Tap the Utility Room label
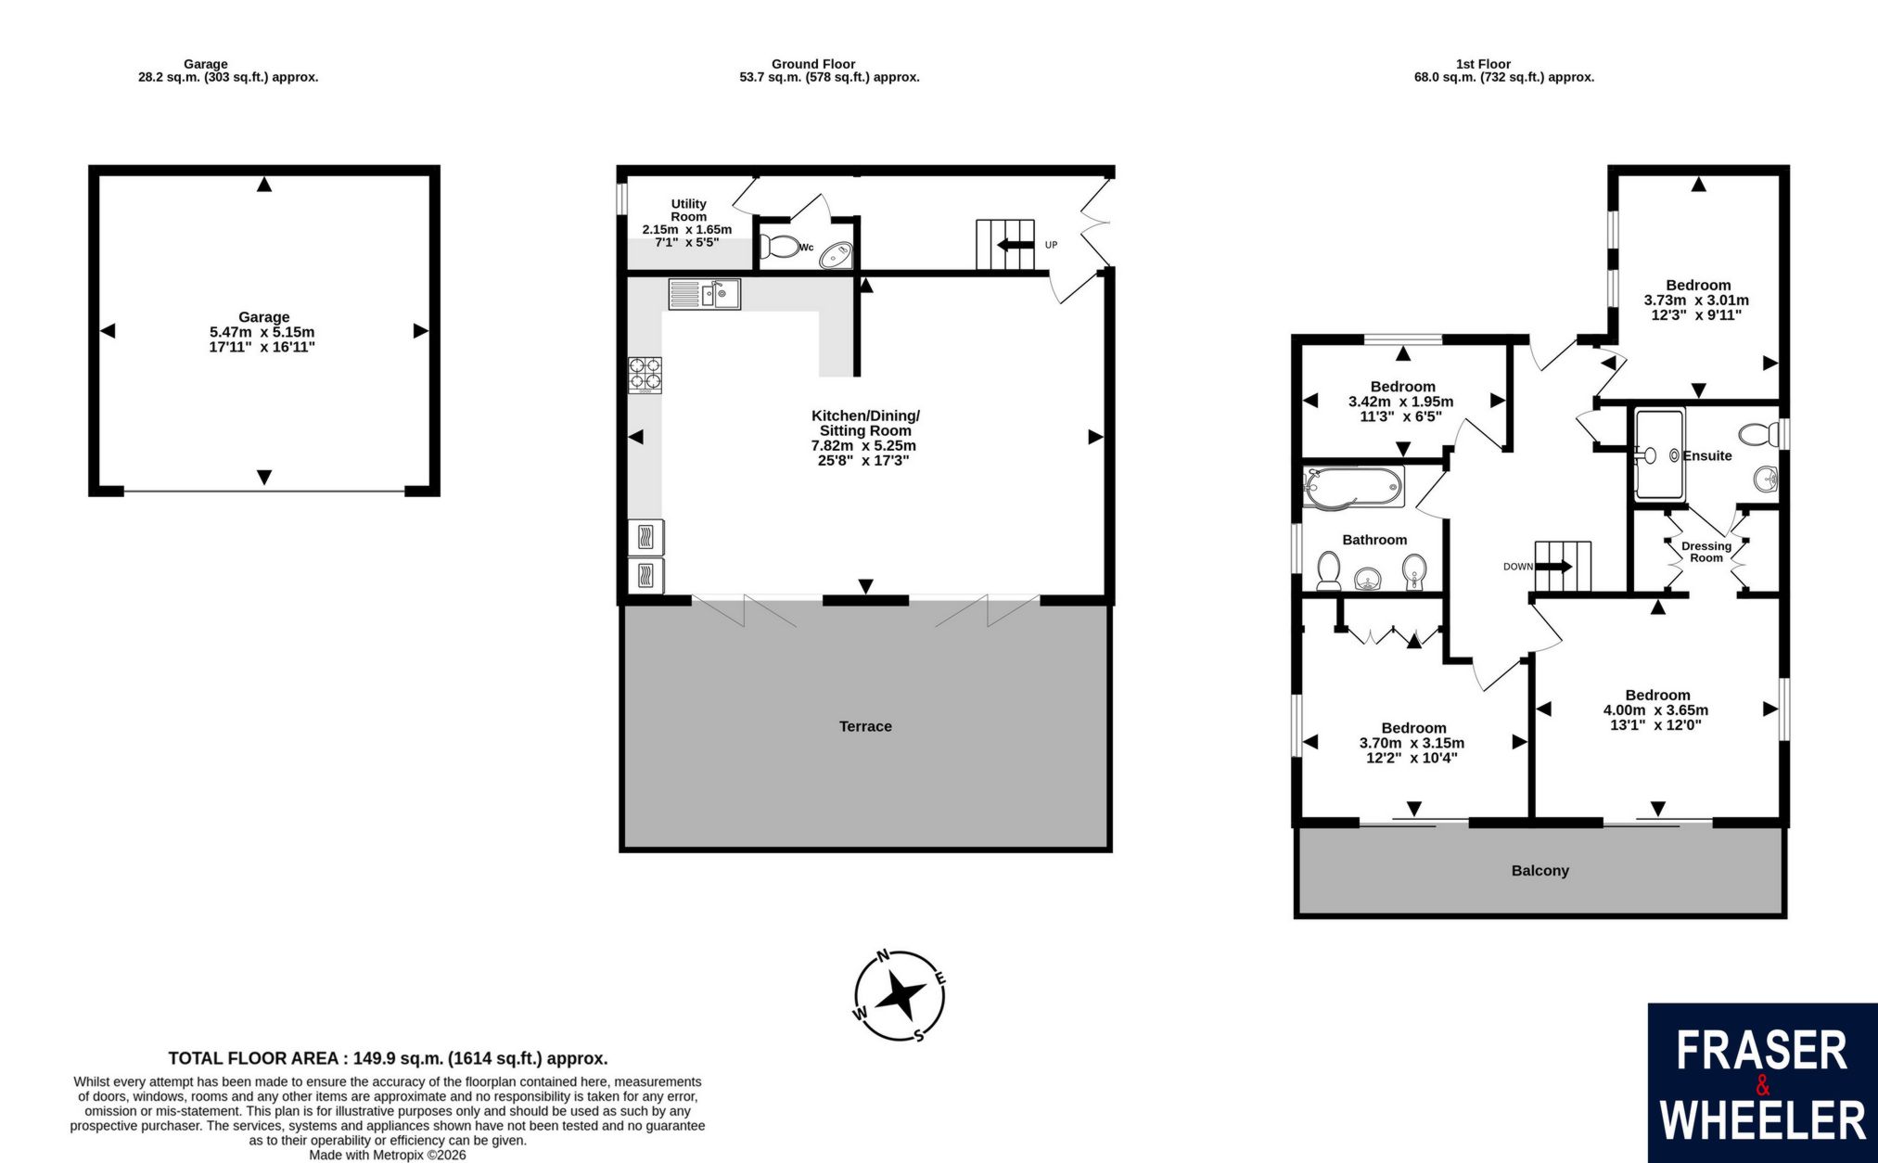click(688, 210)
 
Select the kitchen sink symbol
click(704, 294)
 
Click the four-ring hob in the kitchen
click(645, 375)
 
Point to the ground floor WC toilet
click(778, 247)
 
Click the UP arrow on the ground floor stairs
click(1016, 245)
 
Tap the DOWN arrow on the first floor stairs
click(1554, 567)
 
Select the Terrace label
click(865, 726)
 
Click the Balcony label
click(1540, 871)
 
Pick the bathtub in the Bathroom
click(1353, 487)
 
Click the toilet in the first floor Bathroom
click(1329, 570)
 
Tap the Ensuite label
click(1707, 455)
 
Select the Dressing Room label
click(1706, 552)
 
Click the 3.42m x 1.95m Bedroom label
click(1401, 402)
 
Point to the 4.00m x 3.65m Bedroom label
click(1656, 709)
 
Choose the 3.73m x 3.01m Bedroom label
click(1697, 300)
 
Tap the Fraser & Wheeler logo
click(1762, 1082)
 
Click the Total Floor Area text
click(388, 1058)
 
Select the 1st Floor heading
click(1483, 64)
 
